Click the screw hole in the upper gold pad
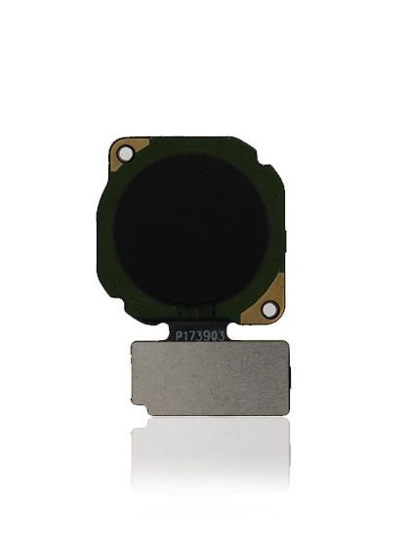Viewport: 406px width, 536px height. click(125, 153)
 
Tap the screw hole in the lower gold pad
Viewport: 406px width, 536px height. click(268, 309)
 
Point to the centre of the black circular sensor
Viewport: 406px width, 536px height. click(191, 230)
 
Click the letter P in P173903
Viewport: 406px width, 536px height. click(179, 336)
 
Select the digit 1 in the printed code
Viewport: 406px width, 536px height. click(185, 336)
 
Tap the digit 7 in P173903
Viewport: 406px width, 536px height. click(192, 336)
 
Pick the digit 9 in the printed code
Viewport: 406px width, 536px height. click(207, 336)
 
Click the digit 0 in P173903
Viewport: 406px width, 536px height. click(214, 336)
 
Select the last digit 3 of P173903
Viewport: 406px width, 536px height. click(221, 336)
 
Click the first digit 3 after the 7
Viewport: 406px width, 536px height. click(199, 336)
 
